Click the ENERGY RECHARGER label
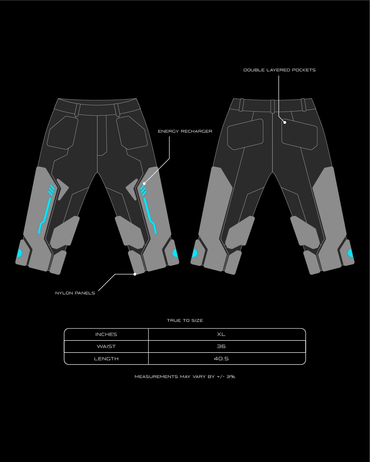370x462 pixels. [x=185, y=131]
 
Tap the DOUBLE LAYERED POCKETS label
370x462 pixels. [x=279, y=70]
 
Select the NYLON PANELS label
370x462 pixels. [x=75, y=293]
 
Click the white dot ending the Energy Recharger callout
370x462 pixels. [x=144, y=184]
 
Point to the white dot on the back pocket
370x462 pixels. [x=285, y=122]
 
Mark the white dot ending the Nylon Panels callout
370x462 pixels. [x=135, y=274]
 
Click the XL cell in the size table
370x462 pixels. [x=221, y=334]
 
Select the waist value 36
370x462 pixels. [x=221, y=346]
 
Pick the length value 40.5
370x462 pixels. [x=221, y=359]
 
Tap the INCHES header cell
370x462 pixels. [x=106, y=334]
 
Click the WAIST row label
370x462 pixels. [x=106, y=346]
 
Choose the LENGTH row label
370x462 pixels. [x=106, y=359]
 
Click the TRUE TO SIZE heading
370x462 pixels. [x=185, y=320]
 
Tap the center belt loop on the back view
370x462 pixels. [x=272, y=106]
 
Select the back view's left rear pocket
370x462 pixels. [x=245, y=134]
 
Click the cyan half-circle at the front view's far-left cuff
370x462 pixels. [x=20, y=253]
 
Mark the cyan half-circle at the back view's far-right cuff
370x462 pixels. [x=350, y=253]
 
